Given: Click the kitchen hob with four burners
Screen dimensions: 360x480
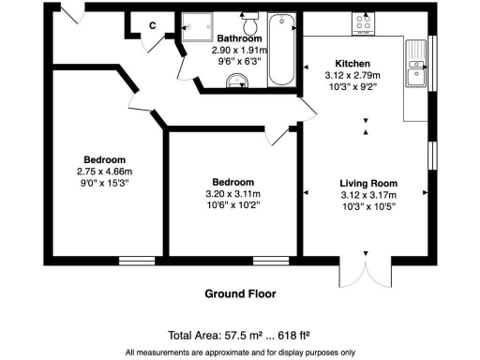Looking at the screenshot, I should click(x=363, y=23).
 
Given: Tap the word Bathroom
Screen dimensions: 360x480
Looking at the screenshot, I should click(x=240, y=38).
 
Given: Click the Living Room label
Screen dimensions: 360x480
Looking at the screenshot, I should click(x=368, y=183).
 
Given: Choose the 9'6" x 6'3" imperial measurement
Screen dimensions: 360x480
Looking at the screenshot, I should click(x=240, y=61).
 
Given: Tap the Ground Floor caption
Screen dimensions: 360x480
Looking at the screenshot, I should click(x=240, y=293).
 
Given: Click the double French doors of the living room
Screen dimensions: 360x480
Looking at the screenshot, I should click(x=361, y=274).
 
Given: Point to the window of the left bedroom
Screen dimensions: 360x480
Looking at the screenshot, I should click(x=136, y=259).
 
